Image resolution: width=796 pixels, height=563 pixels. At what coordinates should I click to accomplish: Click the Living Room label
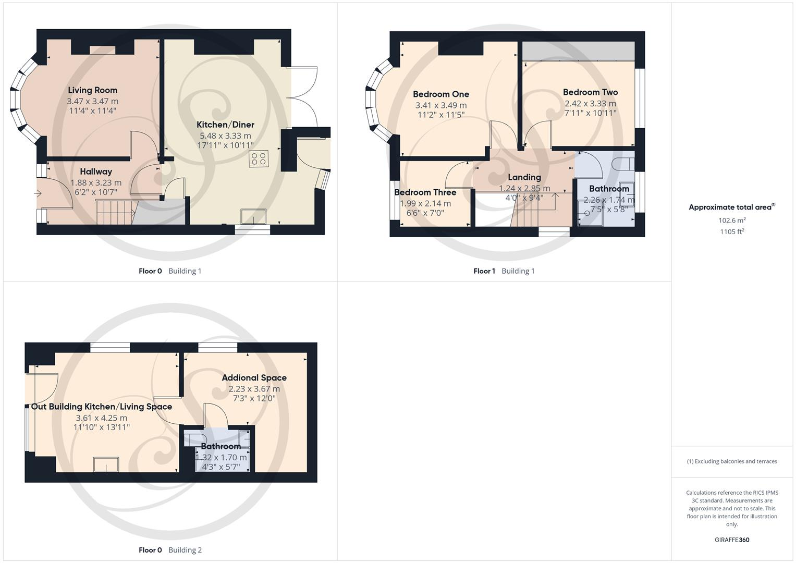92,90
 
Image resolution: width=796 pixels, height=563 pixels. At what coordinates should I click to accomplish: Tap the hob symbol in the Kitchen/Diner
259,159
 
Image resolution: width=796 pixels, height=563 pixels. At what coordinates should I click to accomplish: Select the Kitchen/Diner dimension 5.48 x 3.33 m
225,136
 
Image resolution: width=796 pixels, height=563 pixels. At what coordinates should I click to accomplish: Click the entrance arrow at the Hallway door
38,193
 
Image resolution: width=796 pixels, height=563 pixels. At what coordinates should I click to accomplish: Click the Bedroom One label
440,94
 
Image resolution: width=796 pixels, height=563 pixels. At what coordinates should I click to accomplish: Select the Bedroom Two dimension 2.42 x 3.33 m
590,104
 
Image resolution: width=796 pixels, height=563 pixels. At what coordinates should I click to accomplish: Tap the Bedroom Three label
425,192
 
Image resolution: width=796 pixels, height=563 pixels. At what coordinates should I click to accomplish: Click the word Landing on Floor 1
524,177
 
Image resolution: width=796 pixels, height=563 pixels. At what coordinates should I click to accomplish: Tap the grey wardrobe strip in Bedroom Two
579,51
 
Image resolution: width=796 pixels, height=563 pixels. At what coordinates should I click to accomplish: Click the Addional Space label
254,378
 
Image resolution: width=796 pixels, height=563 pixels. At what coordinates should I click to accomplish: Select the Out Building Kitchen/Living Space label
101,407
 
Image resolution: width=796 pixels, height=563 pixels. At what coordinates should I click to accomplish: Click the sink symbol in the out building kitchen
106,464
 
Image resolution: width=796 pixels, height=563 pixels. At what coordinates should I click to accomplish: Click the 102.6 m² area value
732,221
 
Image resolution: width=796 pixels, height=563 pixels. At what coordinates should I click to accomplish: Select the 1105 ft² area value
732,232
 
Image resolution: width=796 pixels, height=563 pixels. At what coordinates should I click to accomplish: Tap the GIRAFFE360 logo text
732,540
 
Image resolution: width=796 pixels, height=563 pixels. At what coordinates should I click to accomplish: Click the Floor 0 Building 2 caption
170,550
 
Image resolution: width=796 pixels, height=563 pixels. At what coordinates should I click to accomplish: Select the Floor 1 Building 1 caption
504,271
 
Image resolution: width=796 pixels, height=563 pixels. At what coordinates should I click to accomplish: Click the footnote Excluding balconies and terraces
732,461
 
